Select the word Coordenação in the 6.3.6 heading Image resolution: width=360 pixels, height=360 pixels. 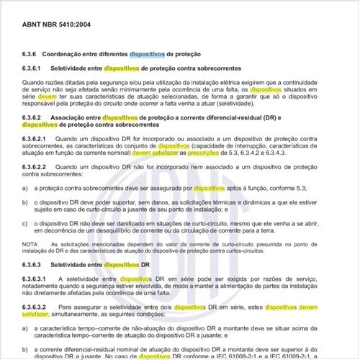63,54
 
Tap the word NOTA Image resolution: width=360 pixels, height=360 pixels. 30,245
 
